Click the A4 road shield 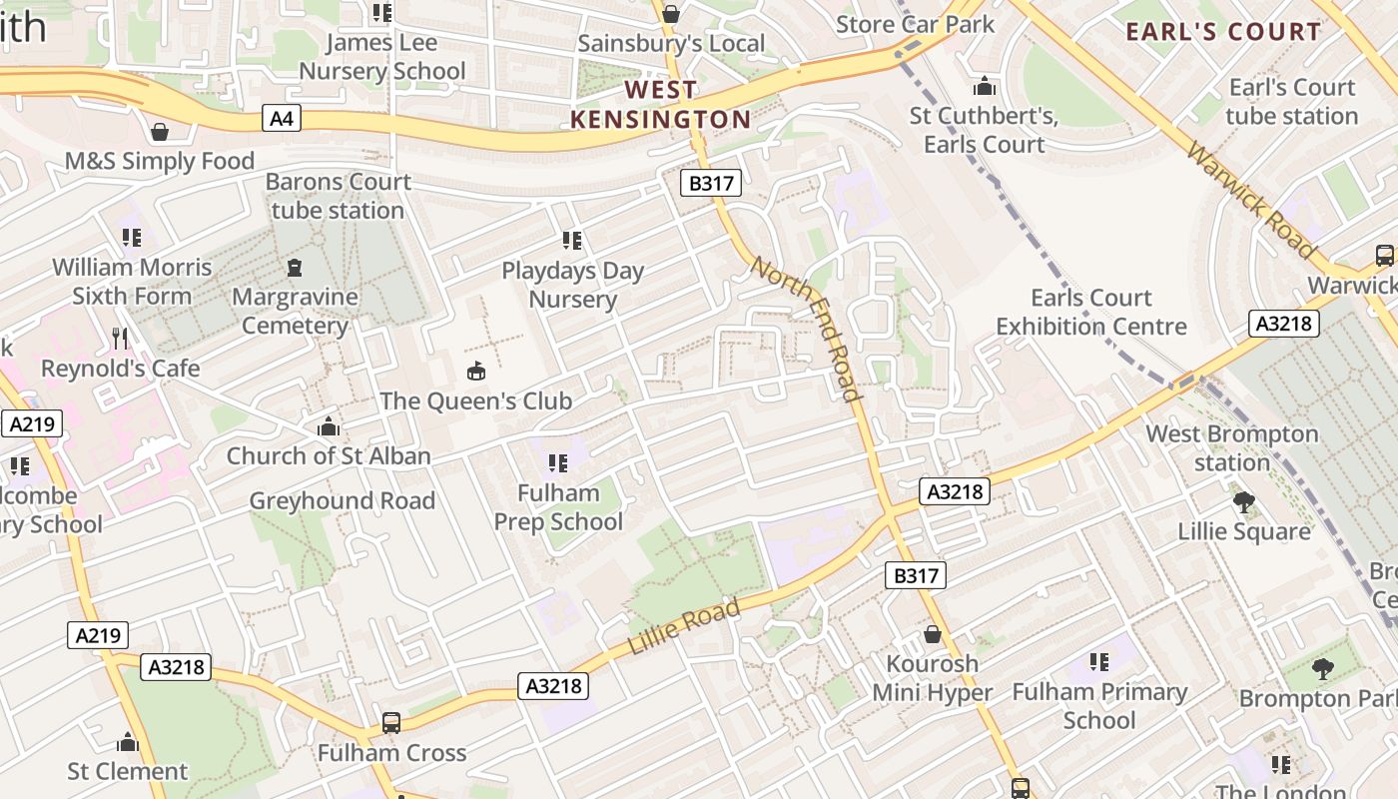click(283, 119)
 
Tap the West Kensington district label click(660, 105)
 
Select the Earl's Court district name click(1223, 32)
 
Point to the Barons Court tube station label click(339, 196)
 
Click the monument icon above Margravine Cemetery click(295, 268)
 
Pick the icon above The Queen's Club click(476, 372)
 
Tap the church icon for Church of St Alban click(328, 427)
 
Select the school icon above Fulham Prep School click(558, 462)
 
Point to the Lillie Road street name click(684, 626)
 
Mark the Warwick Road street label click(1251, 200)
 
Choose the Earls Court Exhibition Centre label click(1090, 312)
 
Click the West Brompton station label click(1231, 448)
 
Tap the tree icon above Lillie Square click(1243, 502)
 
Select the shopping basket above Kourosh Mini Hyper click(932, 634)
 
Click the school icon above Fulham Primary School click(1099, 661)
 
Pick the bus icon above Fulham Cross click(391, 722)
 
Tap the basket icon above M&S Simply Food click(160, 132)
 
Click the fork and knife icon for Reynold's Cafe click(121, 339)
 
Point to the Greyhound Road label click(342, 500)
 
